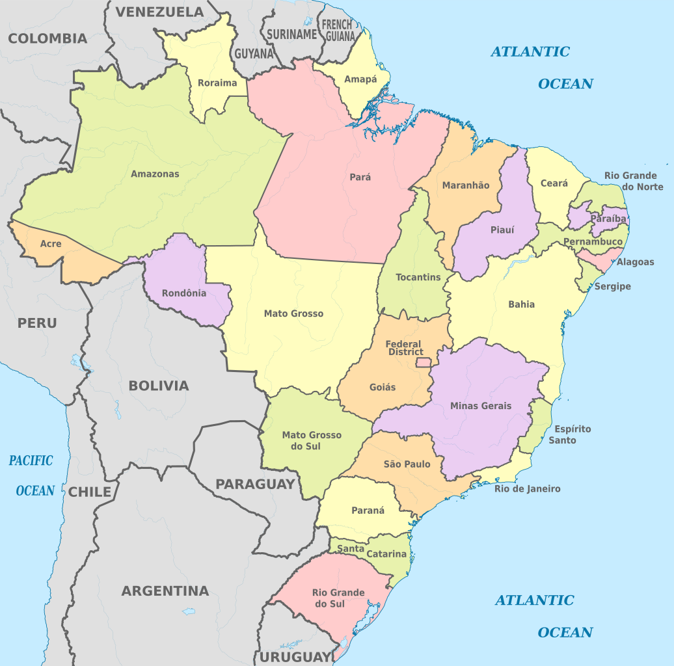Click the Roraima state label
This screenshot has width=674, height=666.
[x=217, y=83]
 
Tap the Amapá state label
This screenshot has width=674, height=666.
[x=360, y=79]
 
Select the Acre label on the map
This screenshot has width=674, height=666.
[x=51, y=244]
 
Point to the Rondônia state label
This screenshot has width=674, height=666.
[x=184, y=293]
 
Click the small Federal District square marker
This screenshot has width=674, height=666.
[x=424, y=362]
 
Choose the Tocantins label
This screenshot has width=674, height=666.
[x=418, y=277]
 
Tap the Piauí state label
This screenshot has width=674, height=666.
[x=502, y=230]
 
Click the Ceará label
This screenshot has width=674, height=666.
[x=554, y=183]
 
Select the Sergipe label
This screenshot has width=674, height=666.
[x=613, y=286]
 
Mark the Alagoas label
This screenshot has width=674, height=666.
[x=636, y=262]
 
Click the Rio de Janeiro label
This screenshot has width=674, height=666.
[x=527, y=489]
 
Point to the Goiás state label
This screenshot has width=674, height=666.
[x=383, y=387]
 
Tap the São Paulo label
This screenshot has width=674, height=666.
[x=407, y=464]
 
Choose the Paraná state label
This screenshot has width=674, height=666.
[x=368, y=511]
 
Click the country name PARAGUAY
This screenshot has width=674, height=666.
[x=255, y=484]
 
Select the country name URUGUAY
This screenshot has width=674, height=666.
[x=296, y=657]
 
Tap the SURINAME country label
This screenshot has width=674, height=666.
[x=291, y=34]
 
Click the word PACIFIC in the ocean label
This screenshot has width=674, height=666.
[x=31, y=460]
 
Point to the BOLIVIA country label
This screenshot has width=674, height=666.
[x=159, y=386]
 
